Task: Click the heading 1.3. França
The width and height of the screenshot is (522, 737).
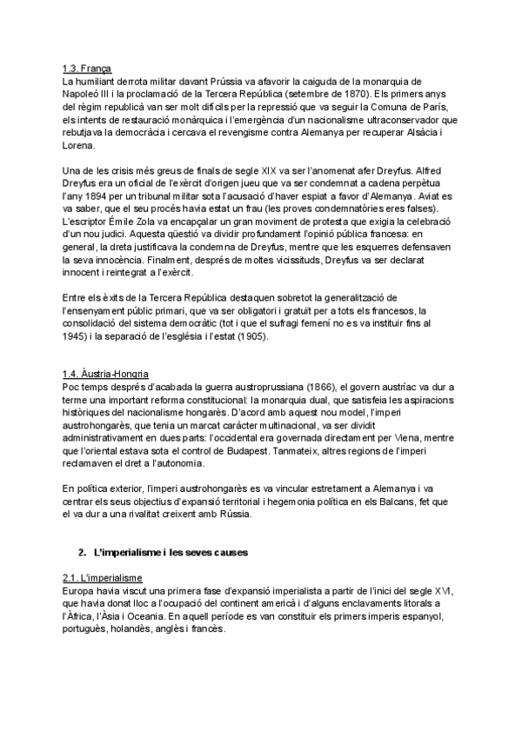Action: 87,68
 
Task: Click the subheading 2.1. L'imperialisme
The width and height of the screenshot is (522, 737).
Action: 104,578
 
